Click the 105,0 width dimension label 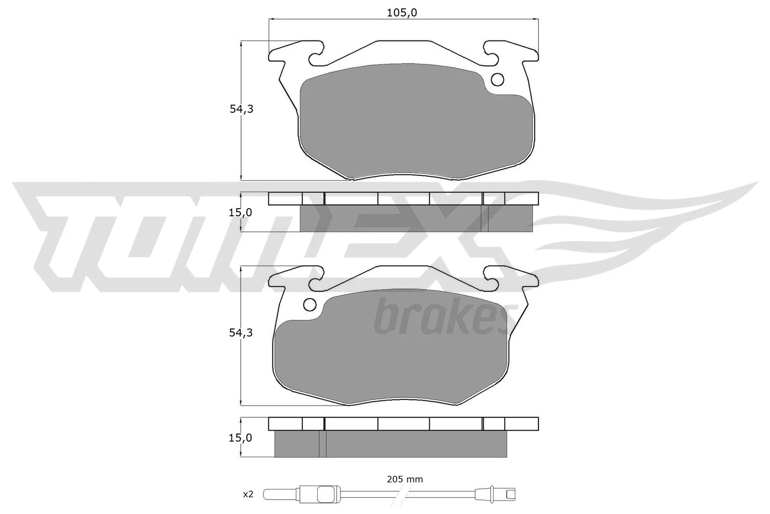pyautogui.click(x=402, y=13)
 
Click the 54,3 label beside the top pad pyautogui.click(x=241, y=109)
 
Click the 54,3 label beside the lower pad pyautogui.click(x=241, y=333)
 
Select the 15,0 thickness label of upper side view pyautogui.click(x=240, y=212)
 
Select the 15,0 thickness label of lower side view pyautogui.click(x=240, y=438)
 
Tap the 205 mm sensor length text pyautogui.click(x=405, y=479)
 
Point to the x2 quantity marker pyautogui.click(x=248, y=494)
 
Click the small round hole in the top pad pyautogui.click(x=497, y=79)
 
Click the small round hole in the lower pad pyautogui.click(x=310, y=304)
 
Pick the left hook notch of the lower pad pyautogui.click(x=315, y=283)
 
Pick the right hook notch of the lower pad pyautogui.click(x=491, y=283)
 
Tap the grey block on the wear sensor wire pyautogui.click(x=326, y=494)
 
